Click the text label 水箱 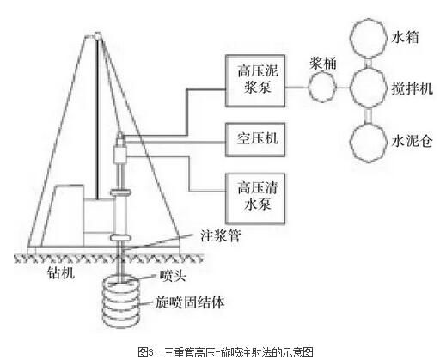pyautogui.click(x=405, y=38)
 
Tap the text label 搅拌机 pyautogui.click(x=412, y=88)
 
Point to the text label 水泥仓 pyautogui.click(x=412, y=141)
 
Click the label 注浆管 pyautogui.click(x=220, y=236)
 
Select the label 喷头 pyautogui.click(x=173, y=276)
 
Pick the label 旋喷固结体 pyautogui.click(x=189, y=302)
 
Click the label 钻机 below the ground pyautogui.click(x=61, y=272)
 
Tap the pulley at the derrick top pyautogui.click(x=98, y=36)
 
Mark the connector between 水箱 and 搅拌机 pyautogui.click(x=368, y=63)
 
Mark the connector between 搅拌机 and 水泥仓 pyautogui.click(x=368, y=115)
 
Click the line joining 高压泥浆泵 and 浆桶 pyautogui.click(x=296, y=88)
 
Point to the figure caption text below pyautogui.click(x=226, y=352)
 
